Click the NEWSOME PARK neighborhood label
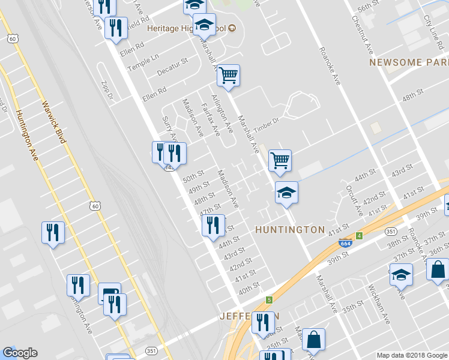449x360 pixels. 409,62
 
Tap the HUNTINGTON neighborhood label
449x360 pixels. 290,230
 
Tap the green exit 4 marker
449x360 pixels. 360,236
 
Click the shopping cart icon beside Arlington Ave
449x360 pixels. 228,76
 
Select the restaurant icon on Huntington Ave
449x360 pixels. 53,232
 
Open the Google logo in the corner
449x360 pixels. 20,353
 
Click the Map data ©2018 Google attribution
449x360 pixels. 411,355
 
